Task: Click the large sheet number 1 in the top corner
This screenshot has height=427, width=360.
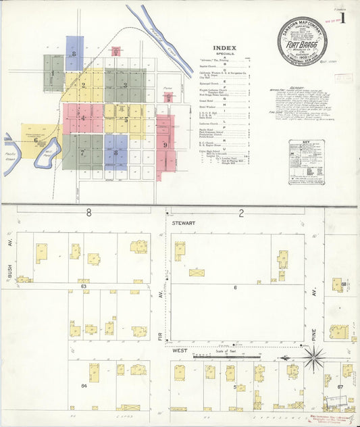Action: tap(343, 18)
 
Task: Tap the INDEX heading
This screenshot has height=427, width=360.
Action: tap(224, 48)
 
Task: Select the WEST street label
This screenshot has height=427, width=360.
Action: tap(179, 351)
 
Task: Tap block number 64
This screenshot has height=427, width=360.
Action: tap(84, 385)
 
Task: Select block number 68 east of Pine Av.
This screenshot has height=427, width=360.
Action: tap(344, 284)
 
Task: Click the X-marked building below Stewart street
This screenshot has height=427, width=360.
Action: tap(197, 273)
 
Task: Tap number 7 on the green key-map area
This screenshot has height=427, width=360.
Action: tap(82, 153)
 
